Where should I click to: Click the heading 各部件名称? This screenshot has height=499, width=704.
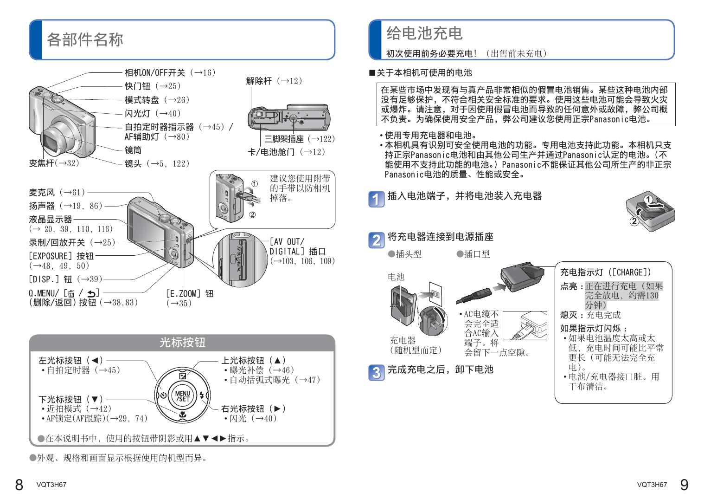(x=85, y=39)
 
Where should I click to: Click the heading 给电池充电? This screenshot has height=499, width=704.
(x=424, y=33)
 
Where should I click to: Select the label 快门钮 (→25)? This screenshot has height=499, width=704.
(x=153, y=86)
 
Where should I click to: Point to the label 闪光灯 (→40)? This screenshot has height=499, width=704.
(x=153, y=113)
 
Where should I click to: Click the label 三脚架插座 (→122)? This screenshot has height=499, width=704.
(x=299, y=139)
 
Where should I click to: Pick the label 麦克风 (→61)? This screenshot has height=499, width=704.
(x=57, y=192)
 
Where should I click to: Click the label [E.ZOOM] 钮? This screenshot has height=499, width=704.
(x=190, y=294)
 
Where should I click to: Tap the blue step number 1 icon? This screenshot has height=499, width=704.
(x=377, y=199)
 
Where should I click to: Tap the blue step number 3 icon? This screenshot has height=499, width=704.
(x=377, y=372)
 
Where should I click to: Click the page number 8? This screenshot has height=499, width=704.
(x=19, y=485)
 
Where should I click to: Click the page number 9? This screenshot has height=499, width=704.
(x=684, y=485)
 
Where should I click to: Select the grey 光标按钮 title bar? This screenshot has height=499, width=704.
(x=182, y=343)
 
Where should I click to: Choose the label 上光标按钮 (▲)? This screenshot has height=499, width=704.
(x=253, y=360)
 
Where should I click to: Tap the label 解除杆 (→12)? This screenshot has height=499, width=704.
(x=274, y=81)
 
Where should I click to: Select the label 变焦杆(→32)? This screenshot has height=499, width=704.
(x=54, y=163)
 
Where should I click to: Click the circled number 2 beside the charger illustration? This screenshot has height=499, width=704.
(x=634, y=221)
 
